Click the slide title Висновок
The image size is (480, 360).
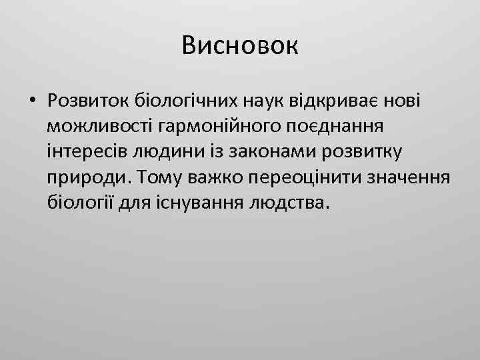click(x=240, y=46)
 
